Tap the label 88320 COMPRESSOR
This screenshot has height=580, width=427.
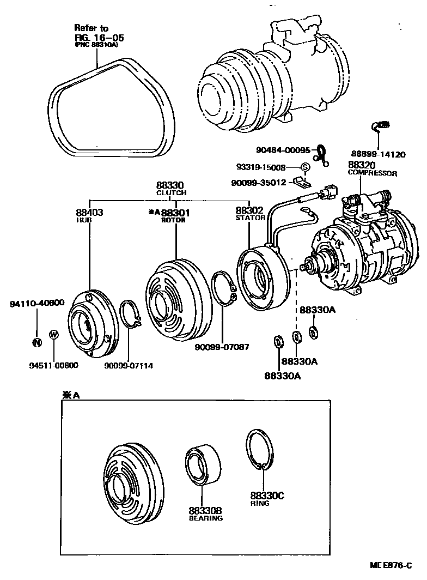pos(372,168)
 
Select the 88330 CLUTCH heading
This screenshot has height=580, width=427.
pos(171,189)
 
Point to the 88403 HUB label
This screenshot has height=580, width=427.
pos(89,215)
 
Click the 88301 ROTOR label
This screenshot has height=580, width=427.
pos(170,215)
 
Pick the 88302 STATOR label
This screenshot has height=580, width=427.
pos(249,213)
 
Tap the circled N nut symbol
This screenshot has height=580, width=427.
pos(36,343)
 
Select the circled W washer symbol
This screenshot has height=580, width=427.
pos(53,334)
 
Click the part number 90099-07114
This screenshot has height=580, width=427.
pos(129,365)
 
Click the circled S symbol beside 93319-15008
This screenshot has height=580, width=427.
pos(305,167)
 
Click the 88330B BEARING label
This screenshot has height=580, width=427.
pos(205,514)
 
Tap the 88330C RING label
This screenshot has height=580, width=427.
pos(266,499)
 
